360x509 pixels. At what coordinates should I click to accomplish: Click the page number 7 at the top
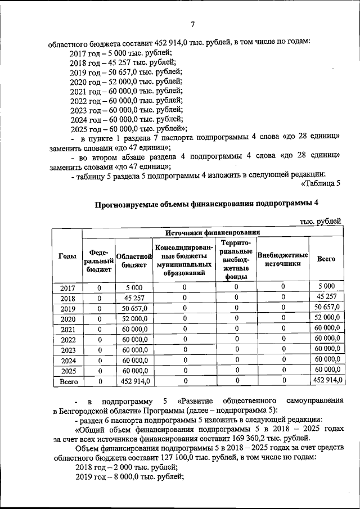coord(192,24)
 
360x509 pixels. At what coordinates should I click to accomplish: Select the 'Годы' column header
coord(67,256)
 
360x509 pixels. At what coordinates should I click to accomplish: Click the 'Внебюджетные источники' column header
coord(282,259)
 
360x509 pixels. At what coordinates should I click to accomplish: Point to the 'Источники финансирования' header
coord(213,232)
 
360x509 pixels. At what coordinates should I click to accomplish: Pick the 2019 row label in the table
coord(67,309)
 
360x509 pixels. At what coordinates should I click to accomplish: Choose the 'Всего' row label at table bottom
coord(67,381)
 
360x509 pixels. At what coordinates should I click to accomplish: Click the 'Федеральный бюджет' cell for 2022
coord(99,340)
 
